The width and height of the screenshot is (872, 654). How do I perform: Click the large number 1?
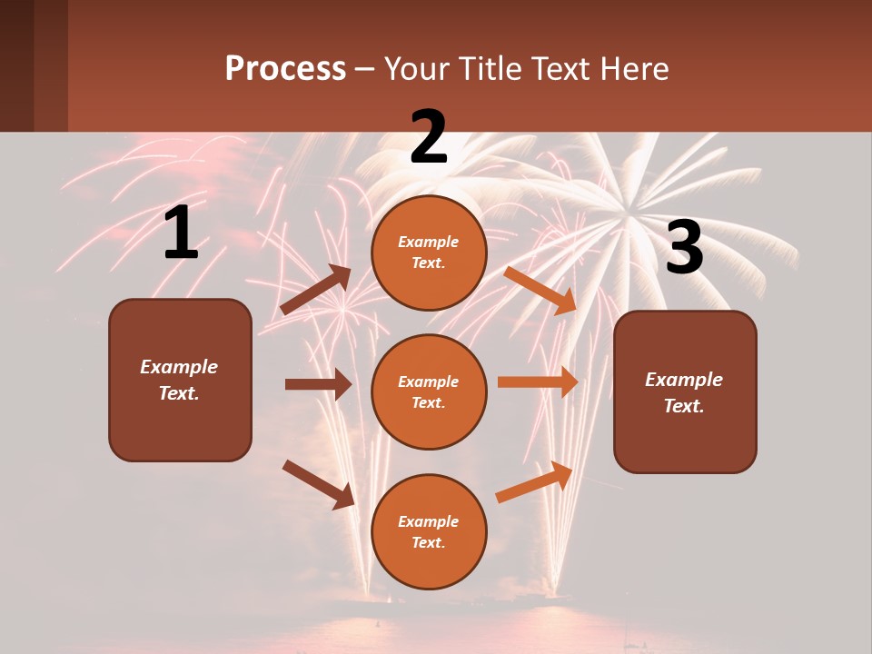pyautogui.click(x=181, y=233)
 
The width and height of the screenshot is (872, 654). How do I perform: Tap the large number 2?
pyautogui.click(x=429, y=137)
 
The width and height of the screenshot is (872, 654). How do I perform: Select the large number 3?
pyautogui.click(x=684, y=248)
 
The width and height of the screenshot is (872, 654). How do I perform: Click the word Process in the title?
pyautogui.click(x=285, y=68)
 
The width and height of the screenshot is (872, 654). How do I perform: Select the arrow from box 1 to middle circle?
pyautogui.click(x=318, y=384)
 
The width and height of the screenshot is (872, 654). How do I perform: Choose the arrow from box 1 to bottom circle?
pyautogui.click(x=318, y=484)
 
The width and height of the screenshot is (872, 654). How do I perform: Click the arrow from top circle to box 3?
pyautogui.click(x=540, y=290)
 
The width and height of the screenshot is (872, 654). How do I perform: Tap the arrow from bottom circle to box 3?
pyautogui.click(x=535, y=481)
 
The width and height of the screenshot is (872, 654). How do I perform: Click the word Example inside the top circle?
pyautogui.click(x=429, y=243)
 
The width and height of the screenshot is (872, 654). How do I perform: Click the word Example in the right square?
pyautogui.click(x=684, y=380)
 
